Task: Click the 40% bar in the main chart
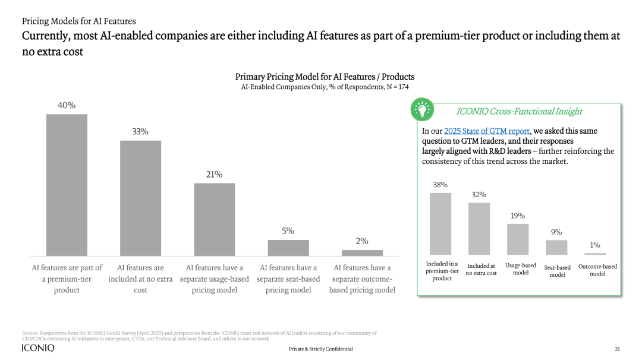pyautogui.click(x=67, y=185)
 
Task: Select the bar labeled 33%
pyautogui.click(x=140, y=198)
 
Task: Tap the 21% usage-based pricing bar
pyautogui.click(x=214, y=219)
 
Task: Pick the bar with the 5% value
pyautogui.click(x=288, y=248)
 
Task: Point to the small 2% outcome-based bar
pyautogui.click(x=362, y=252)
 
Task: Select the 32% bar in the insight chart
pyautogui.click(x=479, y=229)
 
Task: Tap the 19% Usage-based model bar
pyautogui.click(x=518, y=239)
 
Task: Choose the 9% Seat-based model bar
pyautogui.click(x=556, y=247)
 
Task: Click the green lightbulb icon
pyautogui.click(x=423, y=110)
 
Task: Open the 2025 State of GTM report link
pyautogui.click(x=487, y=131)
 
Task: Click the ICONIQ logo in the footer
pyautogui.click(x=38, y=348)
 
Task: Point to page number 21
pyautogui.click(x=617, y=349)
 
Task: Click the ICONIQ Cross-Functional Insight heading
pyautogui.click(x=519, y=111)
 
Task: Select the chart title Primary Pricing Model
pyautogui.click(x=325, y=77)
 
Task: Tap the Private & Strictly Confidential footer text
pyautogui.click(x=320, y=349)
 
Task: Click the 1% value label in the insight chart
pyautogui.click(x=595, y=245)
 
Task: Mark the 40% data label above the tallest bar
pyautogui.click(x=67, y=105)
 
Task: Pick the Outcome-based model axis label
pyautogui.click(x=597, y=270)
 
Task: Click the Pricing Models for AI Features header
pyautogui.click(x=79, y=21)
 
